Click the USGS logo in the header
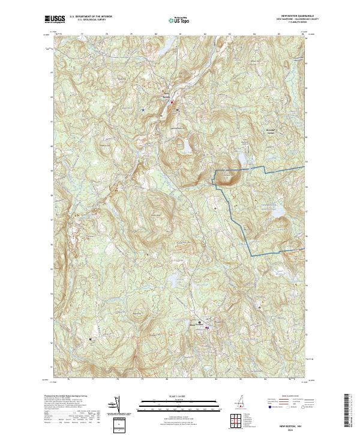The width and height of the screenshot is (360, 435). tap(56, 19)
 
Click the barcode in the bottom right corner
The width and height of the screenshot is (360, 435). tap(347, 411)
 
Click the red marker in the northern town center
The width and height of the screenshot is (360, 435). tap(173, 103)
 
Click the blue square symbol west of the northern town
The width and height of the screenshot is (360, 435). tap(143, 110)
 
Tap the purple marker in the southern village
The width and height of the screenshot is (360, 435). tap(206, 327)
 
